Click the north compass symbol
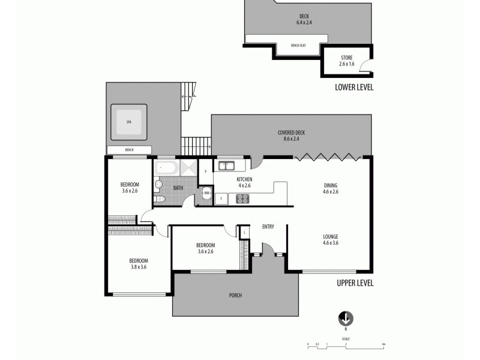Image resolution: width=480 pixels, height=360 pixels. pos(346,319)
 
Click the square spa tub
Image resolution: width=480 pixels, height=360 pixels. pos(128,122)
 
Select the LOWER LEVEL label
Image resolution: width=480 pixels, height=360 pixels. pos(354,87)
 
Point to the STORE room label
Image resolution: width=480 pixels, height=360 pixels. pos(347,60)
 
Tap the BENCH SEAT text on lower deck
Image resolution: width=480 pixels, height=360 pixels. pos(298,45)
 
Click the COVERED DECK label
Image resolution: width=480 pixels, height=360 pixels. pos(288,136)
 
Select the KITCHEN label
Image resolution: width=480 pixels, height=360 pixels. pos(244,182)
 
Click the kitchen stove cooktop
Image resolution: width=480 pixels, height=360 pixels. pos(243,199)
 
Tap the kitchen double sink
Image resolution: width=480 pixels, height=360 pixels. pos(226,166)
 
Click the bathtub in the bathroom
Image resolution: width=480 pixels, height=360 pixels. pos(164,167)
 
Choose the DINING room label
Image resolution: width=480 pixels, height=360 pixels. pos(331,189)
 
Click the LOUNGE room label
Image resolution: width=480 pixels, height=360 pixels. pos(331,239)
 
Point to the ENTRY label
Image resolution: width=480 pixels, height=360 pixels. pos(268,226)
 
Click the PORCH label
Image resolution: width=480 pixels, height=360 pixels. pos(235,296)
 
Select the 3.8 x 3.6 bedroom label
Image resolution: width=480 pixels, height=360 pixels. pos(138,263)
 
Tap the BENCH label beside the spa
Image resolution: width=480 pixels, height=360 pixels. pos(129,150)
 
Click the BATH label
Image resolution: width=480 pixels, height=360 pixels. pos(178,188)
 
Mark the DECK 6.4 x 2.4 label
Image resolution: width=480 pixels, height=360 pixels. pos(304,19)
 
